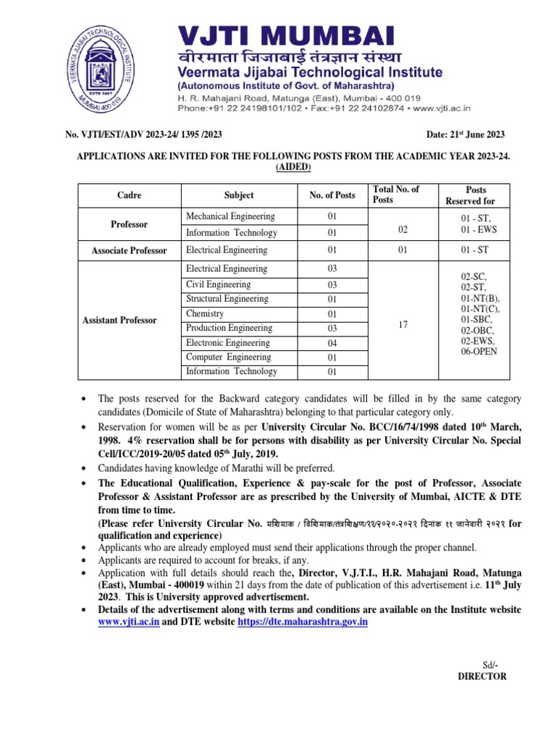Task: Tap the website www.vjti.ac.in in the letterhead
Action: click(x=442, y=107)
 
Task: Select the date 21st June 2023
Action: click(x=464, y=135)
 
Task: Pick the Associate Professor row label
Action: click(x=129, y=250)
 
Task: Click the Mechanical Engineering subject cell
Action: click(x=230, y=216)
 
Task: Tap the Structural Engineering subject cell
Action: click(x=227, y=299)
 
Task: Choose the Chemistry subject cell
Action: click(x=205, y=314)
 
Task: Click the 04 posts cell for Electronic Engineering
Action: click(x=332, y=343)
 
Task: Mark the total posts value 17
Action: click(x=404, y=325)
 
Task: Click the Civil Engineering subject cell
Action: click(x=218, y=284)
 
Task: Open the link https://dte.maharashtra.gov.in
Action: click(x=303, y=622)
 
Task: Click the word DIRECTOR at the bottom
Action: click(x=482, y=677)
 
